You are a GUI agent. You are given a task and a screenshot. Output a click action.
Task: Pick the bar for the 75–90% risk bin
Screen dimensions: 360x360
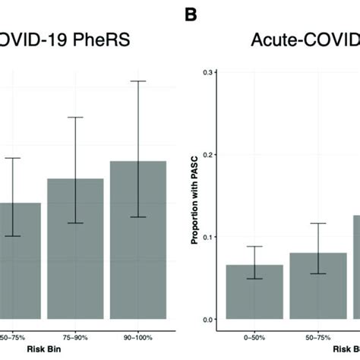[75, 251]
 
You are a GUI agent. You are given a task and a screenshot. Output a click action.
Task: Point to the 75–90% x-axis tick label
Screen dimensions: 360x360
[75, 334]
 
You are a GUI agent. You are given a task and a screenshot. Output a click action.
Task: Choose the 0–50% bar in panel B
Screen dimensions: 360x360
[254, 292]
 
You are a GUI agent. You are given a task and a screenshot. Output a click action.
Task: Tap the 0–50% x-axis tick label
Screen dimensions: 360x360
[254, 334]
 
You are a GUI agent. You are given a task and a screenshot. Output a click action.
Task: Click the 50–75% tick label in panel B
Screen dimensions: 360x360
[318, 334]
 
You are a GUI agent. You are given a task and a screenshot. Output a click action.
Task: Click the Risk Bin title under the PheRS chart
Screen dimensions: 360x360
[19, 352]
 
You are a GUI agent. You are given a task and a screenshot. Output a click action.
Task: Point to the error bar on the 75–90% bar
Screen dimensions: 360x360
[75, 169]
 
